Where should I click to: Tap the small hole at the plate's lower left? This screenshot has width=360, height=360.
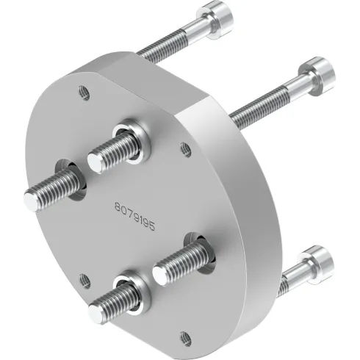click(83, 279)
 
